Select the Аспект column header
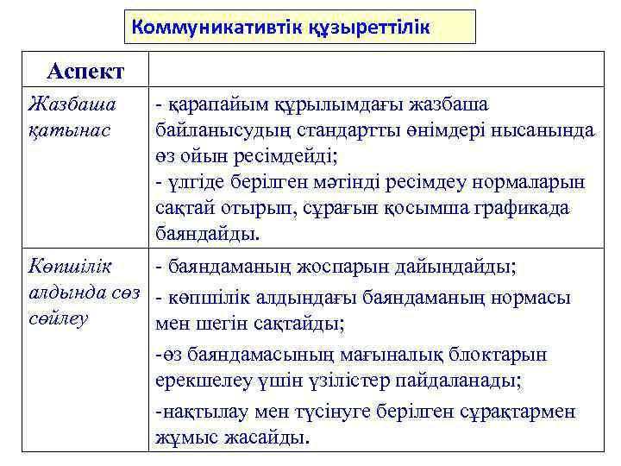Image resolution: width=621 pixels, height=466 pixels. click(x=85, y=70)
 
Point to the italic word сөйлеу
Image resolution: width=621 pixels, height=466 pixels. click(x=59, y=318)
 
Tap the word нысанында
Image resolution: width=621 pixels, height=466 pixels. click(x=544, y=131)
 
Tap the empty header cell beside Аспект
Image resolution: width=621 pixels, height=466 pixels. click(x=377, y=70)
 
